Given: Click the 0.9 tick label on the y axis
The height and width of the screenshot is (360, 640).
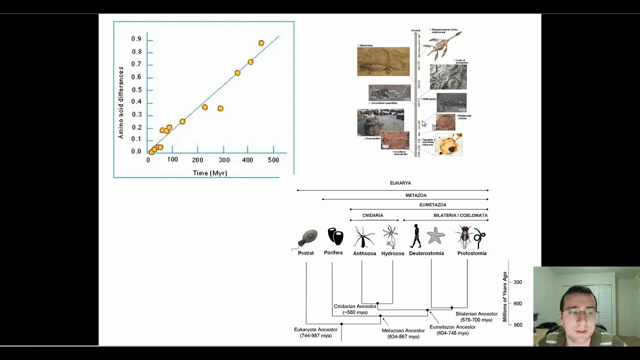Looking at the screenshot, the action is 136,39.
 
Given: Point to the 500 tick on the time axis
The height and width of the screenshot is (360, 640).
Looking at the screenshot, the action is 273,160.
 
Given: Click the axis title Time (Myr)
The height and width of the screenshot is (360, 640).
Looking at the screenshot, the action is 210,173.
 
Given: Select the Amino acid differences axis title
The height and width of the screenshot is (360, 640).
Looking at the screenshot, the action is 120,102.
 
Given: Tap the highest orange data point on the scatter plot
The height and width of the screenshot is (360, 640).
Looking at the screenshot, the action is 261,43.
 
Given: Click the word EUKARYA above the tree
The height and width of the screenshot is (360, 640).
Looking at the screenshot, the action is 400,183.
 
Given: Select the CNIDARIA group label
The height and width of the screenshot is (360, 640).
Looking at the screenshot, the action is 372,215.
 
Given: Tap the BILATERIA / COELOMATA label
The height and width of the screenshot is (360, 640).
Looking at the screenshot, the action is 460,215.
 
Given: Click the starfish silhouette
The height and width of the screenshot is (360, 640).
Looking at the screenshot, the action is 435,235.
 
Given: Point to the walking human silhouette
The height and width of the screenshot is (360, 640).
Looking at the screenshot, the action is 415,236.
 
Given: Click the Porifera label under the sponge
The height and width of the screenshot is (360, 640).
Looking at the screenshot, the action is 333,253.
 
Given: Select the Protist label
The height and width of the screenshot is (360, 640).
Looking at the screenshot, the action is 305,253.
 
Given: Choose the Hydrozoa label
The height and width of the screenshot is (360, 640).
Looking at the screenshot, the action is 392,253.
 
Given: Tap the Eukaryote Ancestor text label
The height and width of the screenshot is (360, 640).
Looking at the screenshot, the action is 315,329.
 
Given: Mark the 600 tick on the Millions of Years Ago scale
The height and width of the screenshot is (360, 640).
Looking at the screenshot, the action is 517,303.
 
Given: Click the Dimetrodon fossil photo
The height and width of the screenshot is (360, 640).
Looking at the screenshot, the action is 383,61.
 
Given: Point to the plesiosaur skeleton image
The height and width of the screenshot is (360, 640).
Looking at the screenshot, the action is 441,43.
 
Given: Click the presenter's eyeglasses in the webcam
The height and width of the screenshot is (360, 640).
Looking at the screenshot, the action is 579,313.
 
